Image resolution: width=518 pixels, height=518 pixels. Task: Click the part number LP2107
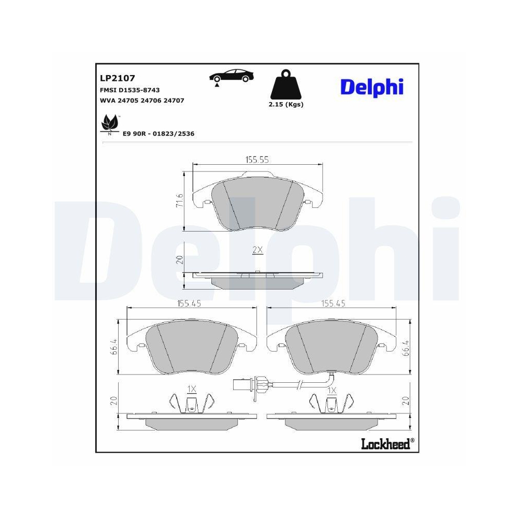[117, 78]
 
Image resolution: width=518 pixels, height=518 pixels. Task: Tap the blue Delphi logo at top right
[371, 87]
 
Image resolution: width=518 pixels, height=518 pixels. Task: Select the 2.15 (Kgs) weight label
[286, 104]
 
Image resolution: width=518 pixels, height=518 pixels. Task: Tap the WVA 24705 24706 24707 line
[141, 100]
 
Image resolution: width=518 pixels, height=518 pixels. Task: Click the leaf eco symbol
[109, 124]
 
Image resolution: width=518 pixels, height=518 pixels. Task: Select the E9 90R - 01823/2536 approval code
[158, 133]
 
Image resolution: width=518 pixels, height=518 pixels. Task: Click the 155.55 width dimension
[257, 160]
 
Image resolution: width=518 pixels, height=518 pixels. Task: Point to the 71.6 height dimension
[180, 200]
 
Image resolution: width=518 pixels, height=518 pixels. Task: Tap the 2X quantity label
[257, 250]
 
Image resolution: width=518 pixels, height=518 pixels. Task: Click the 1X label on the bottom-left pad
[192, 388]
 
